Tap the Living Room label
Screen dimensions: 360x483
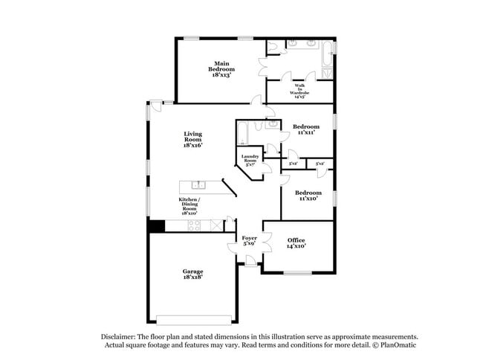[192, 139]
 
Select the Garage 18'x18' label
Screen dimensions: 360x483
[192, 274]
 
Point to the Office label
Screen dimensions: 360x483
[296, 242]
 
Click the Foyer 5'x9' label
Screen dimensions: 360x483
[250, 242]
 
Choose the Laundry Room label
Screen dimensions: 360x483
[250, 161]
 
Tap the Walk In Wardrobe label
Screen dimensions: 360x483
[299, 91]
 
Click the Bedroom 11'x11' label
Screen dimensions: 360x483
[305, 129]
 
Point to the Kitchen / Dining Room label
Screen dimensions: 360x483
[189, 206]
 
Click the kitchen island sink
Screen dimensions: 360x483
[198, 184]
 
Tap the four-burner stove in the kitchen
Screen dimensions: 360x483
[194, 225]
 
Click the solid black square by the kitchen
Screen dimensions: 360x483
[155, 226]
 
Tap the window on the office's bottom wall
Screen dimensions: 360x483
[298, 272]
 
